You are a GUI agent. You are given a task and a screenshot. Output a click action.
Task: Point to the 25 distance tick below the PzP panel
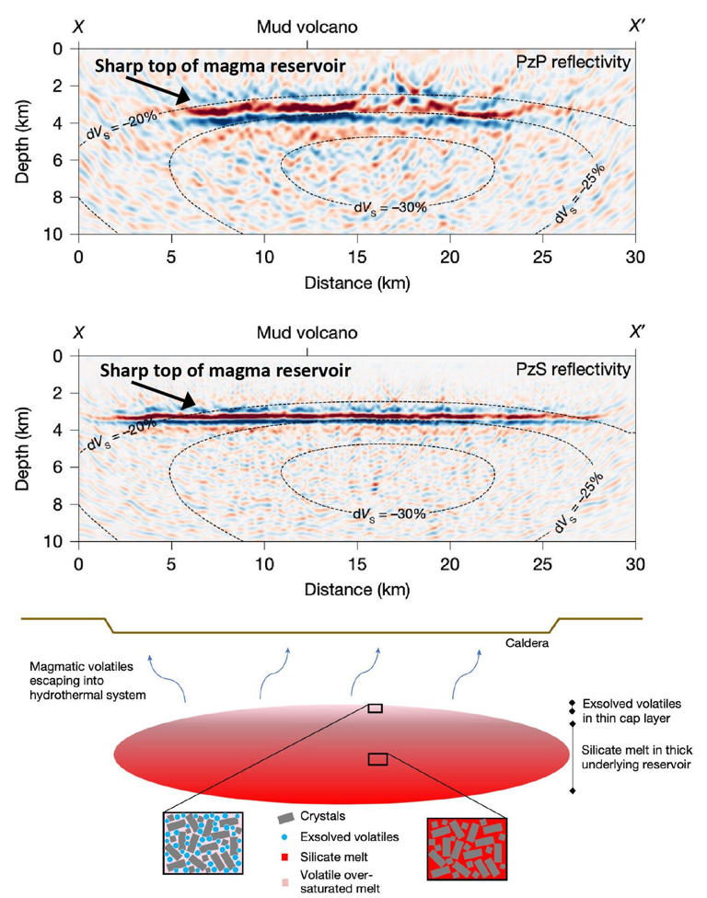pos(543,253)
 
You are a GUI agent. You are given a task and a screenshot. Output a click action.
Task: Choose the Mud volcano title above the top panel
pos(307,27)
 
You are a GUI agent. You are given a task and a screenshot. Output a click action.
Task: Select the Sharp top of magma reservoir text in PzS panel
pos(226,371)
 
